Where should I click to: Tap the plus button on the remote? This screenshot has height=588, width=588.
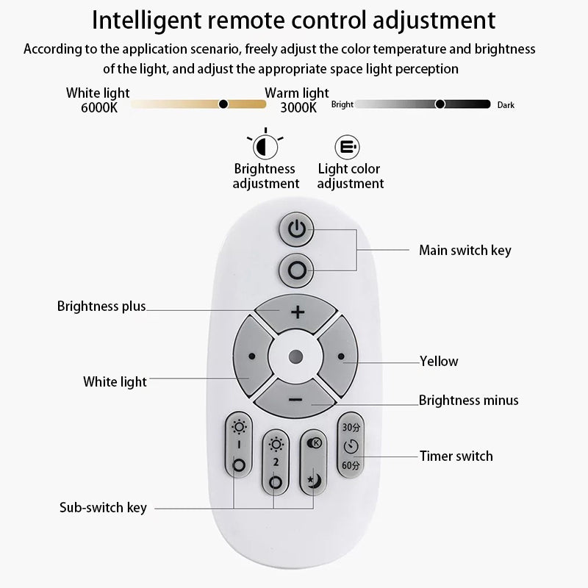[x=298, y=312]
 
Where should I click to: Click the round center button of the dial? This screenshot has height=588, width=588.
[x=295, y=356]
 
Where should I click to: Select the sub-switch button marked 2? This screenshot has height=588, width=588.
[x=276, y=462]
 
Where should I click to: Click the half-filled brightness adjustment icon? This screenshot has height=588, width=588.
[x=266, y=146]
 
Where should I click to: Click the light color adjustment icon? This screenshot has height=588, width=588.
[x=346, y=146]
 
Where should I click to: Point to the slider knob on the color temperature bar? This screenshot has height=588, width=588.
[x=223, y=104]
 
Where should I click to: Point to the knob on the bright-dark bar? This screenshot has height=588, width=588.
[x=440, y=104]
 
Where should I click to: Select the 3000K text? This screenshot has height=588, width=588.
[x=298, y=107]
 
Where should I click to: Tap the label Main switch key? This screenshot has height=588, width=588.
[x=465, y=251]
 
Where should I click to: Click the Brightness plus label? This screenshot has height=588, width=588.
[x=101, y=306]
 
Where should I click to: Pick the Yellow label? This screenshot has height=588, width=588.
[x=439, y=361]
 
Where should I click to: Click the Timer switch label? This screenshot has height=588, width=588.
[x=456, y=456]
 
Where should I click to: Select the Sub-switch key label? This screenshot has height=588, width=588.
[x=103, y=508]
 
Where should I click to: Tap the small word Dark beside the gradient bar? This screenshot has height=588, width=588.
[x=506, y=105]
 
